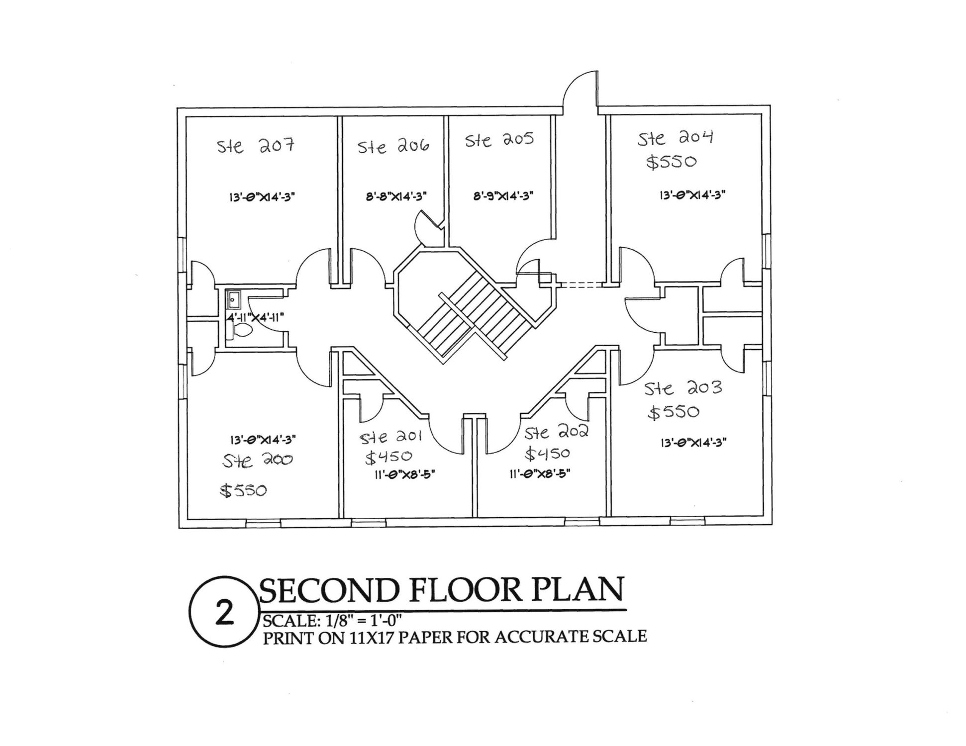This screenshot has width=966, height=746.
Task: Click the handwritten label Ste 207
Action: (256, 146)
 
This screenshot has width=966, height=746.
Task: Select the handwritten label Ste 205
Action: (499, 140)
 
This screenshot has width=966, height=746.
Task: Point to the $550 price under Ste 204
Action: (672, 162)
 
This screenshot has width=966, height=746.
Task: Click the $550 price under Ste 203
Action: (674, 412)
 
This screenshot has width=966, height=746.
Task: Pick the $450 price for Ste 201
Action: (388, 457)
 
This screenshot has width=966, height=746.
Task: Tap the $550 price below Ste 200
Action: (243, 491)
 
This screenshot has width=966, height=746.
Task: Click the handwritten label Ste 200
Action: (257, 461)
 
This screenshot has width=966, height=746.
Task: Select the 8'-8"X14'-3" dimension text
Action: (396, 196)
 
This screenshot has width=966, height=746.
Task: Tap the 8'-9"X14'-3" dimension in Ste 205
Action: (503, 196)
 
